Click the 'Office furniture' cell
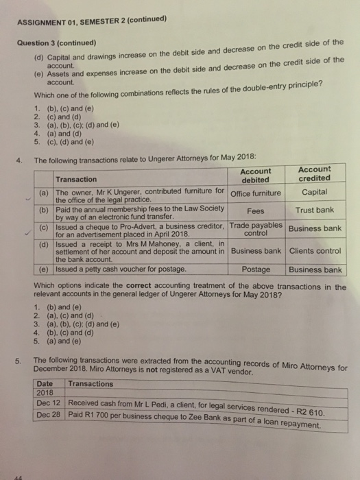pyautogui.click(x=256, y=193)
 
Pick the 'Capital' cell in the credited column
pyautogui.click(x=314, y=192)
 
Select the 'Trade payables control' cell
pyautogui.click(x=256, y=228)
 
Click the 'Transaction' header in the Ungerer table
pyautogui.click(x=75, y=178)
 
